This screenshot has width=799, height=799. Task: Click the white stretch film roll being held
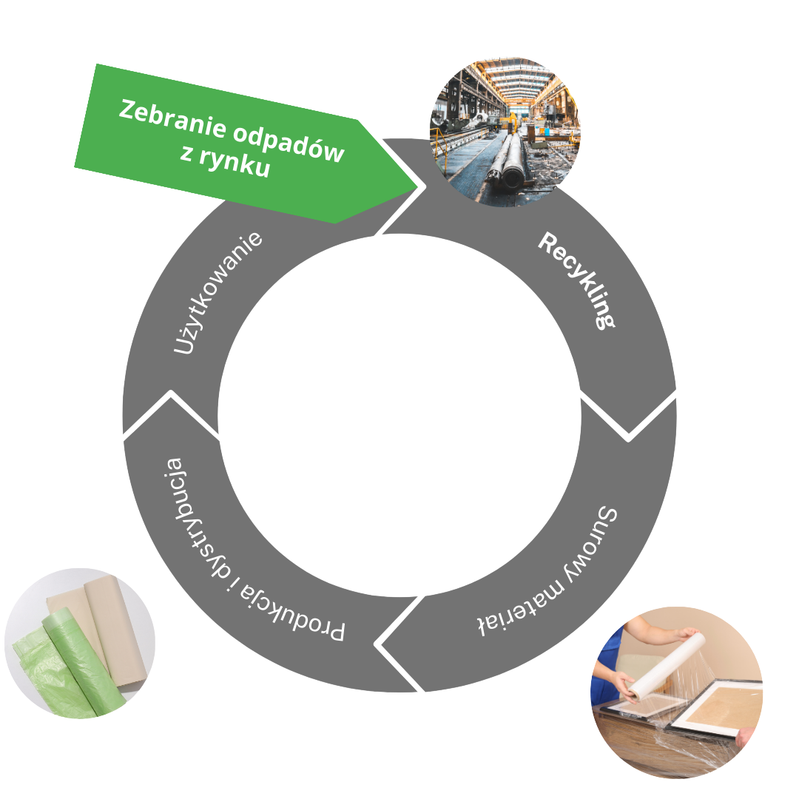(x=662, y=666)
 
